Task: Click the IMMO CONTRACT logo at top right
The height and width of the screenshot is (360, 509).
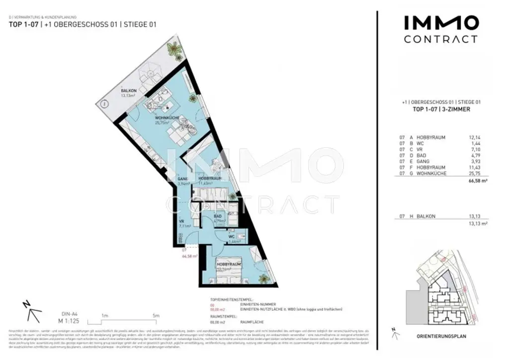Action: coord(440,29)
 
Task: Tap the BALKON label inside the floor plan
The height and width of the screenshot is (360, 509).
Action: coord(128,90)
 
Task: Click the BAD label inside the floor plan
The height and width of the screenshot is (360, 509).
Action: coord(218,217)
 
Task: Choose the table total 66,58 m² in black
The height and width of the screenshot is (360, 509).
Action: coord(478,182)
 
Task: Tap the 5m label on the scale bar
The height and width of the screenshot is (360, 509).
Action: coord(156,316)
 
